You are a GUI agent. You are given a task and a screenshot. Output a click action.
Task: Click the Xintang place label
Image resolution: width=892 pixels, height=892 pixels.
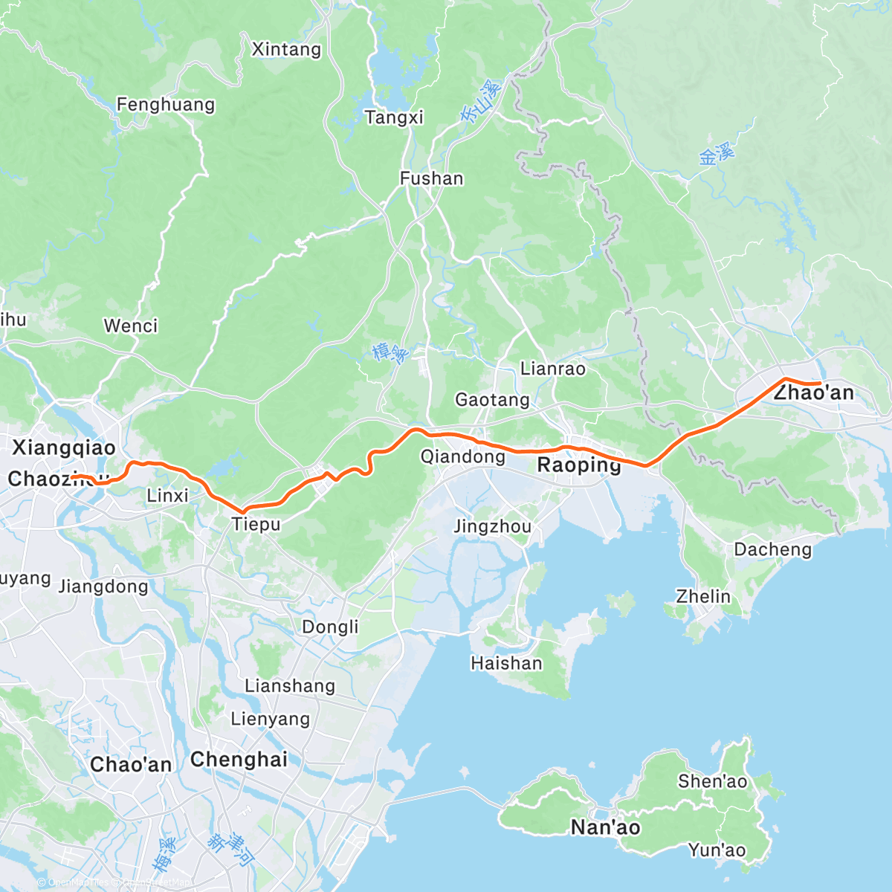286,50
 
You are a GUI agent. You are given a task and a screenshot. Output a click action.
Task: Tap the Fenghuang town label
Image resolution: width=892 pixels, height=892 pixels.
166,105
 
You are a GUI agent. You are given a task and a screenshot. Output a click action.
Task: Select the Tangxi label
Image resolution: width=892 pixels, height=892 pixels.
394,117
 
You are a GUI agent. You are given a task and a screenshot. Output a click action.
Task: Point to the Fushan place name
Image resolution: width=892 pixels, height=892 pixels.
431,178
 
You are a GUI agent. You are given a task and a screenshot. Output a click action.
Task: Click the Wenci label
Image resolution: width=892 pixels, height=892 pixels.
131,326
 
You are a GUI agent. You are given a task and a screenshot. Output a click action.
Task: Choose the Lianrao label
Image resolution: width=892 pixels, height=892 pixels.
552,369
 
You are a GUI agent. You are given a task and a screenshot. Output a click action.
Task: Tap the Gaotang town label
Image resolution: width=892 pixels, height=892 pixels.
492,400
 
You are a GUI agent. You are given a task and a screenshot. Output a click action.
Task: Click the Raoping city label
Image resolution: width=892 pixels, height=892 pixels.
579,465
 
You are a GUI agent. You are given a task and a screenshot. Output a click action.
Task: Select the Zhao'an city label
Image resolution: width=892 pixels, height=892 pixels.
814,392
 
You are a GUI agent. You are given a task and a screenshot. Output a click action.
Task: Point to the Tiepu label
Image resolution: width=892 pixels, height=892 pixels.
256,524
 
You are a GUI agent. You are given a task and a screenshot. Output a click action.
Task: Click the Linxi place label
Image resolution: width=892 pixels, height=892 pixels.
167,495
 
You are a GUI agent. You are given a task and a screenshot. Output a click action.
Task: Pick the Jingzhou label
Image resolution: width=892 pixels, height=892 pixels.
492,527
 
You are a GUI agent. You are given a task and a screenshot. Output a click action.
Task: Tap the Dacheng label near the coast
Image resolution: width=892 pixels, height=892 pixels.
773,549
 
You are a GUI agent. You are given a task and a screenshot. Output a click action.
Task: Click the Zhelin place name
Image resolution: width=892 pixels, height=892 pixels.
703,596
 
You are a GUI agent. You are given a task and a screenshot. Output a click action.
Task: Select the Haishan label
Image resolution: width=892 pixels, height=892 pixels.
506,663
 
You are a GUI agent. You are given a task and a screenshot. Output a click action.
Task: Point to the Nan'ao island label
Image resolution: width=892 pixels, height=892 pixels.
605,827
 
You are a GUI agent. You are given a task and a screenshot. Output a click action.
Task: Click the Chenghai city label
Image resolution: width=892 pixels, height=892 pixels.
239,760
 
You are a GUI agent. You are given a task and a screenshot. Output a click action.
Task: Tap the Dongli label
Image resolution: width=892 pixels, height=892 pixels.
330,627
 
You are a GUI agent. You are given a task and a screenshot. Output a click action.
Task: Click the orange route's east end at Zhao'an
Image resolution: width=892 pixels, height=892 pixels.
819,383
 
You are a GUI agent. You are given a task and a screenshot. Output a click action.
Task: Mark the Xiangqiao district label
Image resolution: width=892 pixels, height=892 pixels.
64,447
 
